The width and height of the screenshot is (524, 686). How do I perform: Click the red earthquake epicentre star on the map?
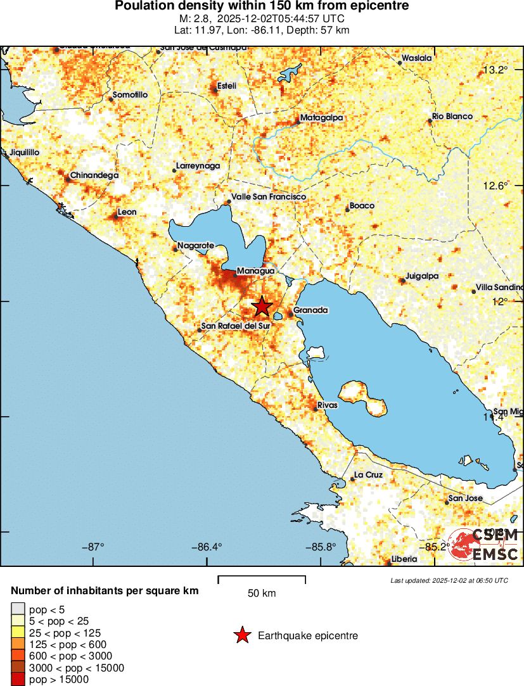(x=262, y=307)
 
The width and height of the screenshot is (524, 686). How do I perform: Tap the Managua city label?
(x=255, y=271)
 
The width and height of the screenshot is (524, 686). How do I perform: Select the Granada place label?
(x=310, y=310)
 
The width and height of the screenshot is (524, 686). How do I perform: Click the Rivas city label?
(x=329, y=405)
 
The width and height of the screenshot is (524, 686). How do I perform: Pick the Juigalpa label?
(x=423, y=276)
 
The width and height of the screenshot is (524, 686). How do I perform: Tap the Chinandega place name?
(x=94, y=175)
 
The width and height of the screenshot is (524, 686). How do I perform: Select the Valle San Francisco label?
(x=269, y=197)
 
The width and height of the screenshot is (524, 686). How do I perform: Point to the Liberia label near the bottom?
(x=404, y=559)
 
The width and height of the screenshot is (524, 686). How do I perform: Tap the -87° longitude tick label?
(x=95, y=547)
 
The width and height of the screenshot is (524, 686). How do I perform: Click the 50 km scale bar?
(x=262, y=578)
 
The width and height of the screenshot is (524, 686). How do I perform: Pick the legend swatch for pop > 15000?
(x=16, y=680)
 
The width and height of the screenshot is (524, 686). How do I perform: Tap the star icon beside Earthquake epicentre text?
(x=241, y=635)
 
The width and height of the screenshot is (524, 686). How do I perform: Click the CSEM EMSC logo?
(x=485, y=545)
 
